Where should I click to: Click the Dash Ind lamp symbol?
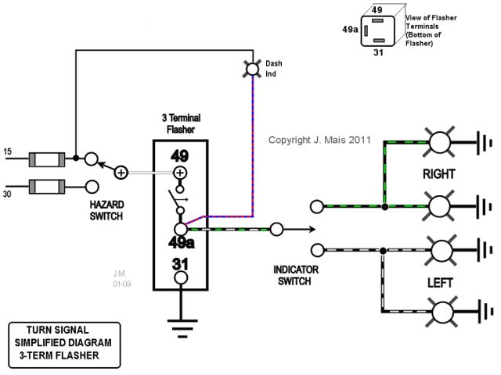click(x=252, y=70)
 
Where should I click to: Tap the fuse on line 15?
click(x=45, y=160)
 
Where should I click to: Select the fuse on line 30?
click(x=45, y=187)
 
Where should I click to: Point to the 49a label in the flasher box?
click(x=180, y=244)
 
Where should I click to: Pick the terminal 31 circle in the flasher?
click(x=180, y=278)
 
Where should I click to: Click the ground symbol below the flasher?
click(x=180, y=327)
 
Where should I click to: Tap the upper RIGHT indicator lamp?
click(x=442, y=143)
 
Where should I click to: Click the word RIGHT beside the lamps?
click(x=439, y=173)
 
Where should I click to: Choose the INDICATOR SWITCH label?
click(x=295, y=275)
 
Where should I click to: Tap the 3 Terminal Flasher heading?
click(x=179, y=123)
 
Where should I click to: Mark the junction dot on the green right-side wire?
click(x=384, y=207)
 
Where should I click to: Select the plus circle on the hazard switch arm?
click(x=121, y=172)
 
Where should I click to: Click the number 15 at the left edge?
click(x=9, y=151)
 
